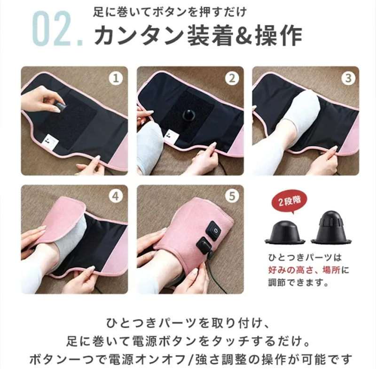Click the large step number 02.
point(57,28)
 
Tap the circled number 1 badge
point(116,78)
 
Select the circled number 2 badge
point(232,78)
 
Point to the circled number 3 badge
point(348,78)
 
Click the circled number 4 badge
point(116,196)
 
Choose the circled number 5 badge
point(232,196)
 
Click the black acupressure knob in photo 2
point(189,115)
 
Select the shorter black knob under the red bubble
point(285,232)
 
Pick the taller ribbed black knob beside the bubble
point(331,228)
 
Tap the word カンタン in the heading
point(139,36)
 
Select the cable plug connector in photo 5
point(204,246)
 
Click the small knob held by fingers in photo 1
point(60,107)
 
